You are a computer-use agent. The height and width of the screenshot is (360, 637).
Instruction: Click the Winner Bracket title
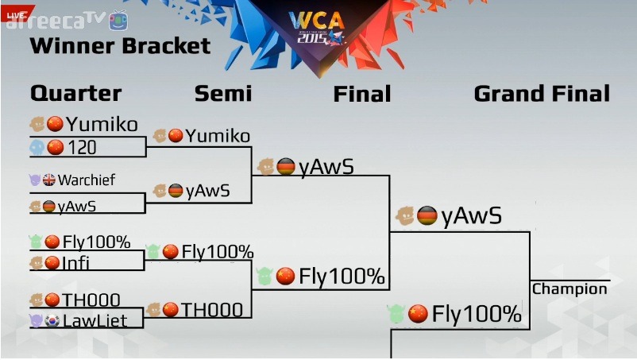pos(120,46)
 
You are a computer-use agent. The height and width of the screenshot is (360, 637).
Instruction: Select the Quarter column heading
pos(75,94)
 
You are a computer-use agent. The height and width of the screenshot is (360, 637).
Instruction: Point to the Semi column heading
pos(223,94)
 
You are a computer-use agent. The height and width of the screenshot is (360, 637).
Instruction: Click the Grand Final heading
pos(542,94)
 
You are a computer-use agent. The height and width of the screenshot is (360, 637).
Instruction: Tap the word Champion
pos(569,288)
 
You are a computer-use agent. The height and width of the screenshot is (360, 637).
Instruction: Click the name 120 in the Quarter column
pos(83,147)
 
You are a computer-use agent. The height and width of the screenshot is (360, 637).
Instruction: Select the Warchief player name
pos(87,180)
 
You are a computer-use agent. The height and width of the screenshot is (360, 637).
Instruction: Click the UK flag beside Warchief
pos(49,180)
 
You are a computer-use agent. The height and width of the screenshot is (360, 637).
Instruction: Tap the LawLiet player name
pos(95,319)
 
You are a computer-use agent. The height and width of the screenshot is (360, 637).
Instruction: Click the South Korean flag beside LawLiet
pos(53,319)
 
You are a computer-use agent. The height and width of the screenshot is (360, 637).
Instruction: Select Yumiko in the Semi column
pos(218,136)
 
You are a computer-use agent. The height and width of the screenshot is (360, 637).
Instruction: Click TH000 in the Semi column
pos(211,309)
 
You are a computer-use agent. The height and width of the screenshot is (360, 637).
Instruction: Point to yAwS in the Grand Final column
pos(471,215)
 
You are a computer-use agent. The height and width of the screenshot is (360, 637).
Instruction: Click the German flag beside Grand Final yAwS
pos(427,215)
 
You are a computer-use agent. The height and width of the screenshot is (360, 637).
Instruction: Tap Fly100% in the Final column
pos(342,277)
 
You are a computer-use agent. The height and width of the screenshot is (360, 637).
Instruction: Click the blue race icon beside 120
pos(37,147)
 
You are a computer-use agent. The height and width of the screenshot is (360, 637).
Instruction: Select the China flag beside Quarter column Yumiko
pos(55,124)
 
